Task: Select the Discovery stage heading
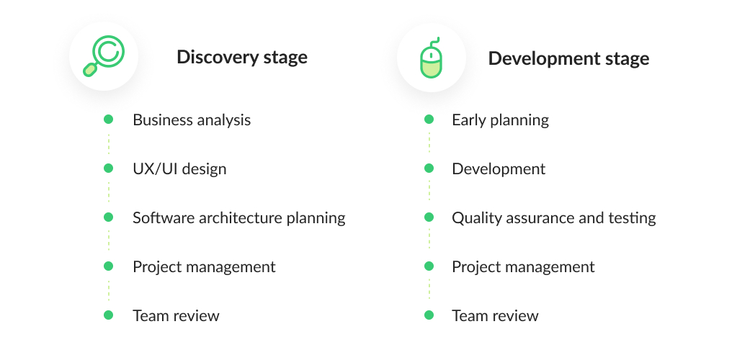242,58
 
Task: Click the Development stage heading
568,59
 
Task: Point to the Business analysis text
192,120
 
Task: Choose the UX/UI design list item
179,168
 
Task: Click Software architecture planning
239,217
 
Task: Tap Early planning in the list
500,120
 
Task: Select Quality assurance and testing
554,217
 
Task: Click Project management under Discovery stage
204,266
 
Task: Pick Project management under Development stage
523,266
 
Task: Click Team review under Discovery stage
176,315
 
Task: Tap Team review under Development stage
495,315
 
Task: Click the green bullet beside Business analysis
109,120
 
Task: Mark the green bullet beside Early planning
429,120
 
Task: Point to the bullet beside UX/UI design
109,168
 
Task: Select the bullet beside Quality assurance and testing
429,217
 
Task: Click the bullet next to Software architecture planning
109,217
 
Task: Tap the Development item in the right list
499,168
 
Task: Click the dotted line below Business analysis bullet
109,144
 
